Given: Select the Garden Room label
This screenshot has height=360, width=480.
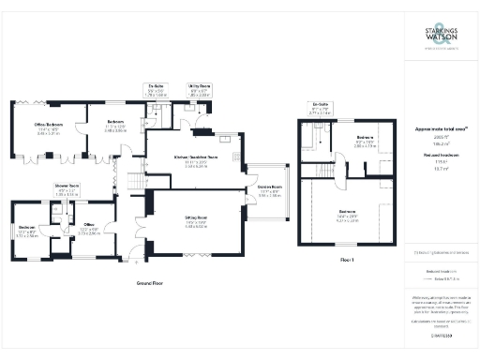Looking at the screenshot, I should tap(271, 191).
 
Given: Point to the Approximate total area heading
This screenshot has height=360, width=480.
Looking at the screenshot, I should tap(440, 128).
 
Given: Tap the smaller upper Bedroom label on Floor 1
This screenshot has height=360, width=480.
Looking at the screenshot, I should tap(366, 138).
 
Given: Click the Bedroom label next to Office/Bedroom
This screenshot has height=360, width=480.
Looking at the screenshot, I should tap(114, 123).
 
